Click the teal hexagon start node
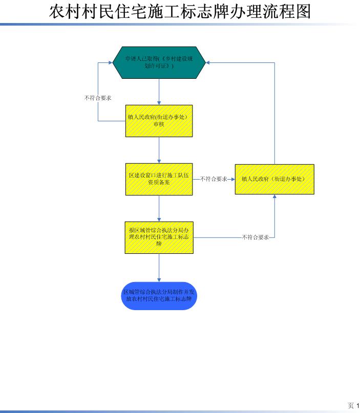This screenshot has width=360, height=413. (x=159, y=62)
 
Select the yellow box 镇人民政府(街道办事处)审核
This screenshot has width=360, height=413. (x=159, y=121)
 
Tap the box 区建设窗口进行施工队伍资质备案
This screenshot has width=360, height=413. (x=159, y=179)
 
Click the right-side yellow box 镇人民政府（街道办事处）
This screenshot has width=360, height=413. (x=274, y=179)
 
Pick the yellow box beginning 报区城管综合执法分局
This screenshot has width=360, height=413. (x=159, y=237)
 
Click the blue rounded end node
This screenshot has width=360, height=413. (x=159, y=296)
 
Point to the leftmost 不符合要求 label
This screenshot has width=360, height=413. (x=98, y=98)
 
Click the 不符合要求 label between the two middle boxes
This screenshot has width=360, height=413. (x=214, y=179)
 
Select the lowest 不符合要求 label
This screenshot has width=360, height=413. (x=256, y=237)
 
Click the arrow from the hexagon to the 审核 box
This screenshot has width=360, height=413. (x=159, y=92)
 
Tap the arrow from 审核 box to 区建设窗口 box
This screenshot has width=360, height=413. (x=159, y=150)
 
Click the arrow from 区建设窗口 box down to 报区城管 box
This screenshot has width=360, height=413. (x=159, y=208)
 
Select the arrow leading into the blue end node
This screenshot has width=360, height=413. (x=159, y=267)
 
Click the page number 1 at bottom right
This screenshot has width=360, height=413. (x=358, y=406)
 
